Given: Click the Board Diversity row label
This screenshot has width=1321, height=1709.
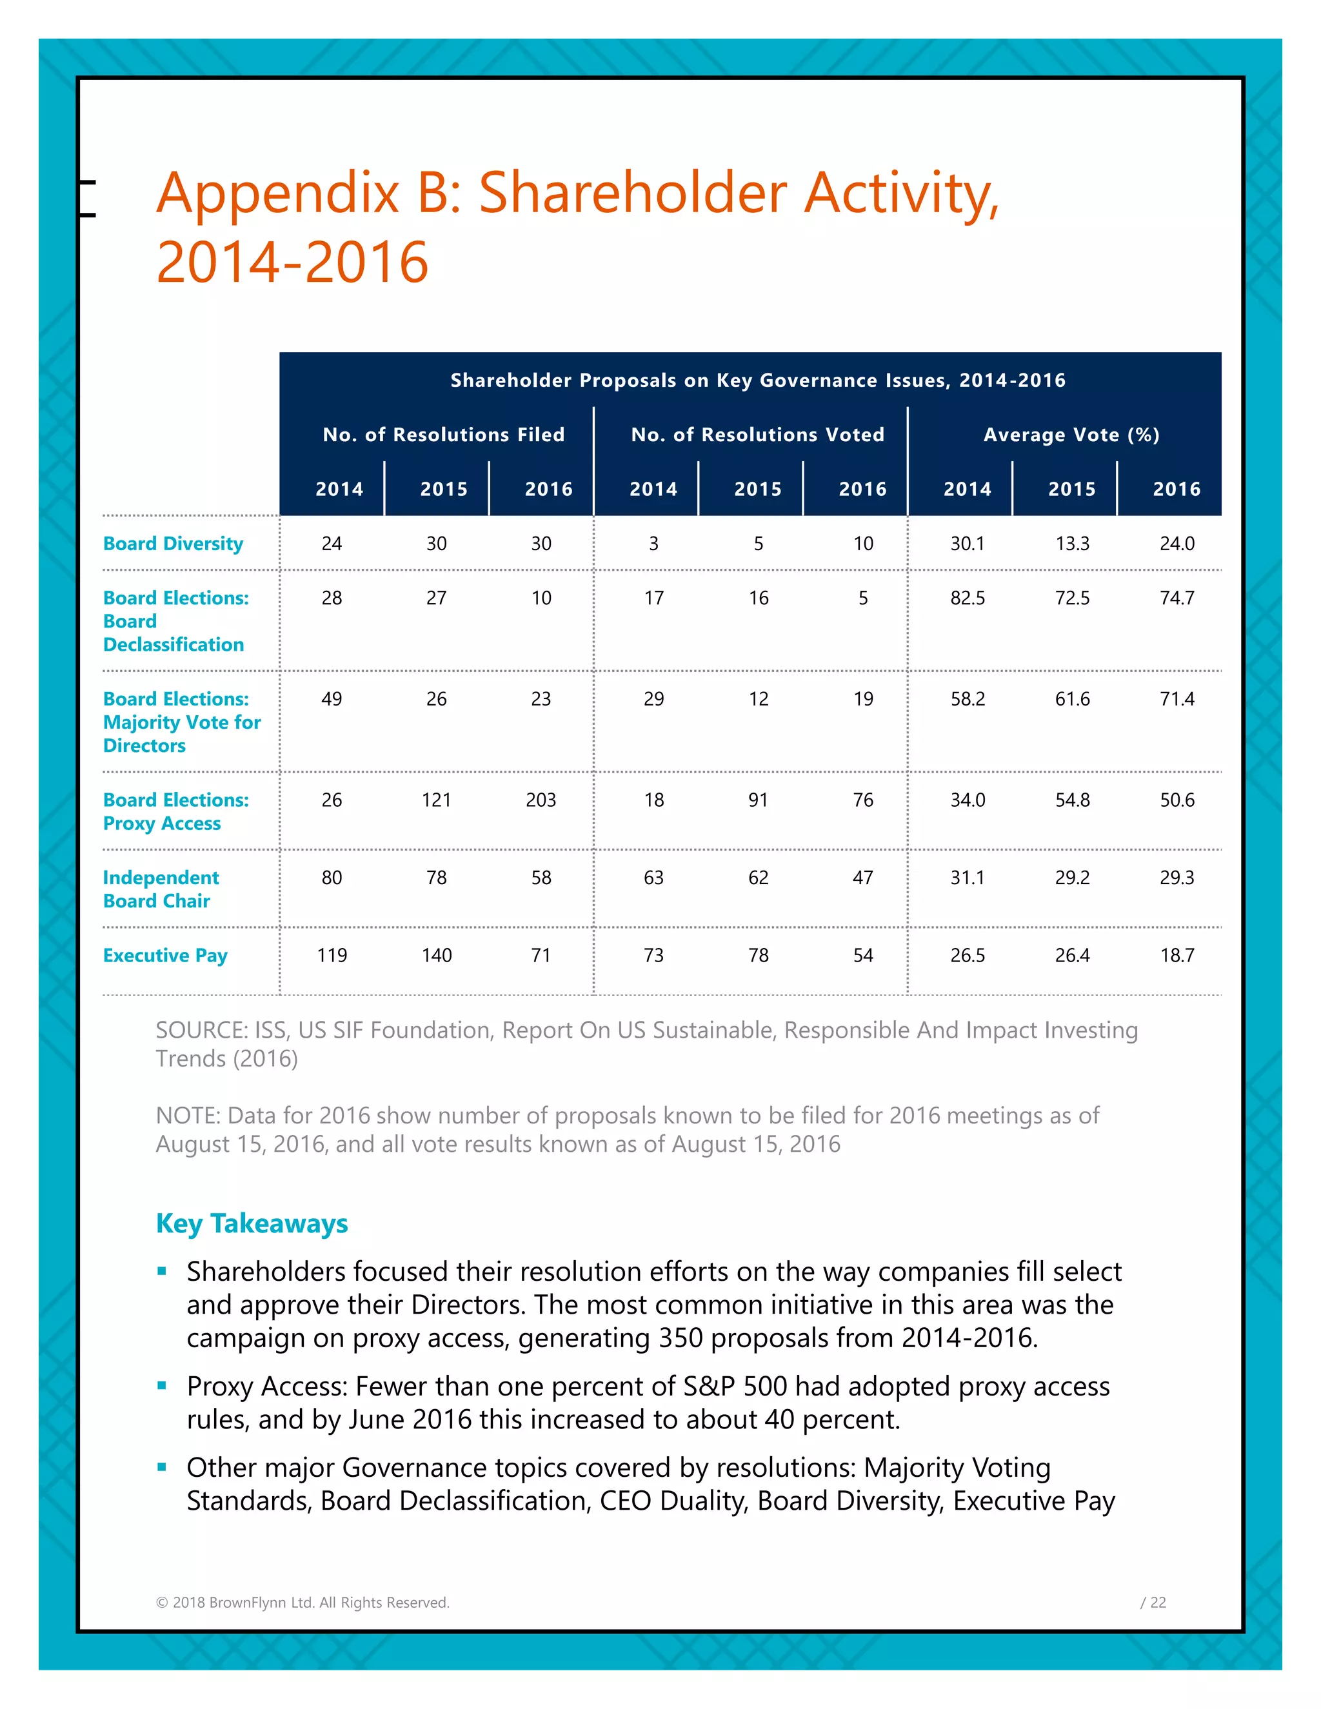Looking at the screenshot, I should pos(173,543).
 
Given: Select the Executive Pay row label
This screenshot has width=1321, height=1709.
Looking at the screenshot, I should pos(165,956).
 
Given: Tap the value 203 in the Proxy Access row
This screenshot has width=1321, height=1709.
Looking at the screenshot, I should pos(541,800).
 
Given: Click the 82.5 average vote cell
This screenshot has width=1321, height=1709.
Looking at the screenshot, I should pos(968,598).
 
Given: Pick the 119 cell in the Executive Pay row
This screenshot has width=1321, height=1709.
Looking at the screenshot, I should pos(332,956).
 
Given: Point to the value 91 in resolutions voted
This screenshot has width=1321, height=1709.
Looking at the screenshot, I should pos(757,800).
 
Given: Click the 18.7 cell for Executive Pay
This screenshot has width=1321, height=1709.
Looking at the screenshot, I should pos(1177,956).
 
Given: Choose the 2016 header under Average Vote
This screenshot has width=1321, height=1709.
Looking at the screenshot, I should pos(1177,489).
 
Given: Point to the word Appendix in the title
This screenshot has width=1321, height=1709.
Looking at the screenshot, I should pos(278,193).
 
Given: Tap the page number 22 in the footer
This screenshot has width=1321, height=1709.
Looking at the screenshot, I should pos(1157,1603).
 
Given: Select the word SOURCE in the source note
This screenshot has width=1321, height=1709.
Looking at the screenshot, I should pos(201,1031).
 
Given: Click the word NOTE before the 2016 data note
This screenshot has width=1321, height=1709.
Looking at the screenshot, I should pos(187,1116).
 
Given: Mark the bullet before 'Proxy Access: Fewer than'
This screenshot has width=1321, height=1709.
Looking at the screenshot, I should pos(162,1386).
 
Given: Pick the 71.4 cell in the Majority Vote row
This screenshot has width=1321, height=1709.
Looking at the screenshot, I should pos(1177,699).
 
